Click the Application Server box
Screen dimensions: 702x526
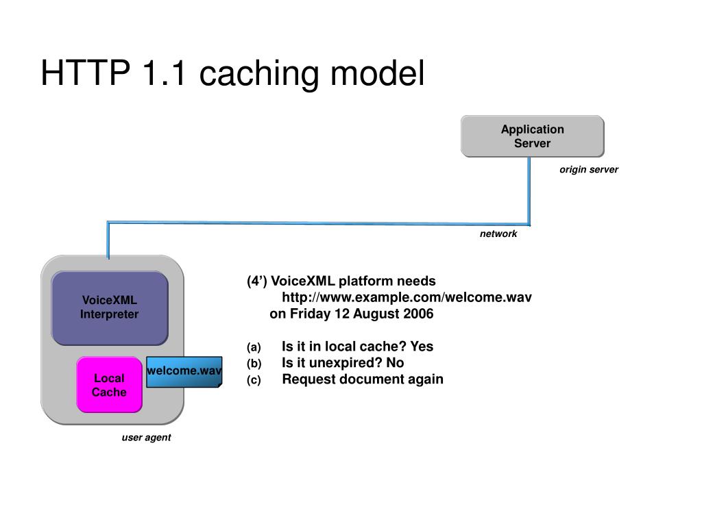532,136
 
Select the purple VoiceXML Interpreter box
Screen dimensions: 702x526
110,308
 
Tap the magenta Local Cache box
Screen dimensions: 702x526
109,385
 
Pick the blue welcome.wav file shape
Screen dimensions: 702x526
184,372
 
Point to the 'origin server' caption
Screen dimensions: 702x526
589,170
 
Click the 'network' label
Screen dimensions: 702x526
498,234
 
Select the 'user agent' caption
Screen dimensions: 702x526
147,438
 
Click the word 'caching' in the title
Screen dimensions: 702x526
259,73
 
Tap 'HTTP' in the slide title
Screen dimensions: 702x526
85,73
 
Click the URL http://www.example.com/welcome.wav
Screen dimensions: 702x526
407,297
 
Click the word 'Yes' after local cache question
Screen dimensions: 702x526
422,346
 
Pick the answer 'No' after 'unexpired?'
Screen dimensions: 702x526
395,363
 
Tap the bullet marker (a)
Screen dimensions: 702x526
254,347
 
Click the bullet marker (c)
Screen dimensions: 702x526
254,380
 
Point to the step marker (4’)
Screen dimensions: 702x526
257,281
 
